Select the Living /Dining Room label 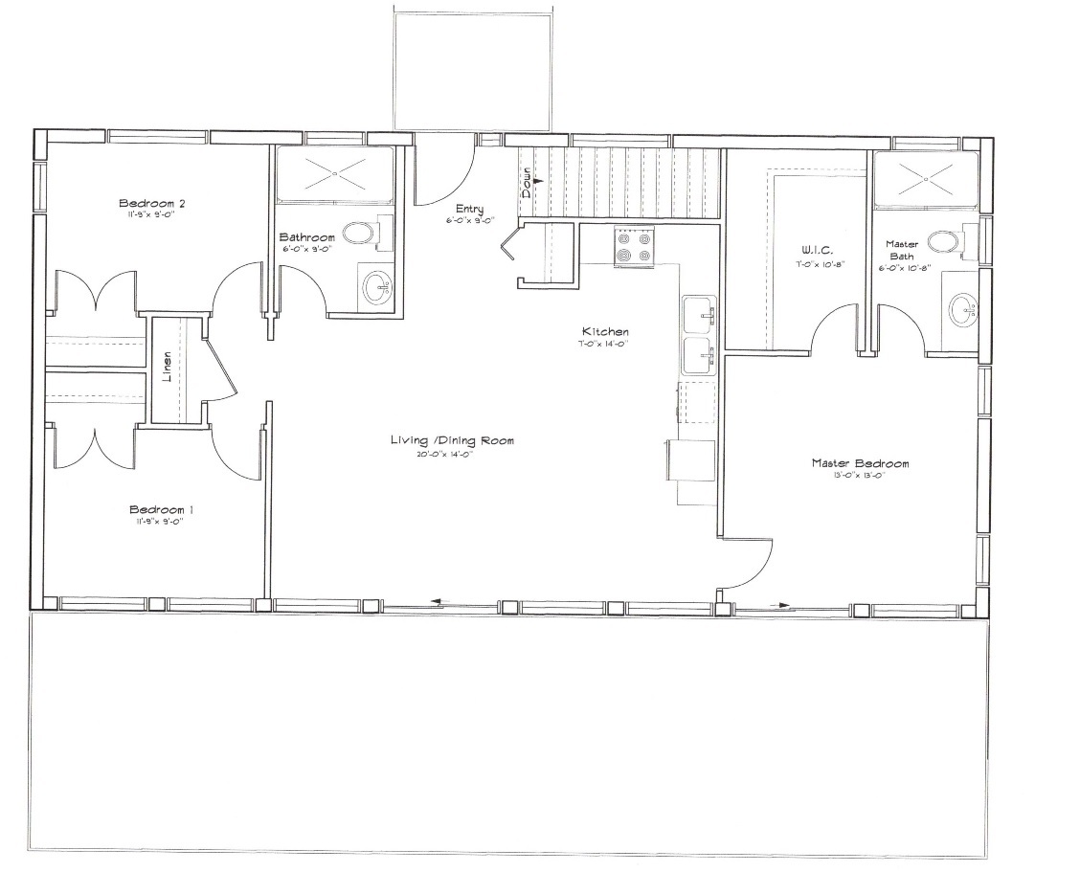click(x=452, y=440)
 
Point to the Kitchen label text click(x=603, y=332)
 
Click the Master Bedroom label click(x=860, y=463)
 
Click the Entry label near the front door click(x=469, y=210)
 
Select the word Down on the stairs click(x=527, y=183)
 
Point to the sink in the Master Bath click(x=963, y=309)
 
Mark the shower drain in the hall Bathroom click(x=335, y=173)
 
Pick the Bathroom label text click(x=306, y=237)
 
